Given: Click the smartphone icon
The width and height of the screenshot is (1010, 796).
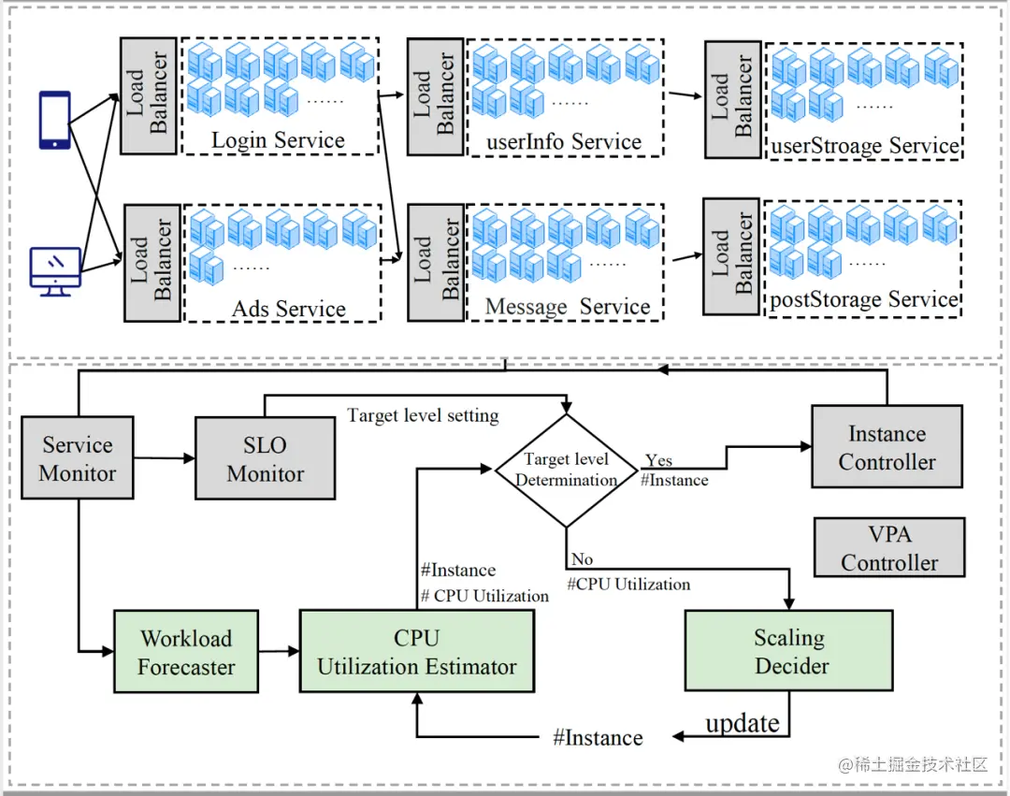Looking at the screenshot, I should (x=54, y=119).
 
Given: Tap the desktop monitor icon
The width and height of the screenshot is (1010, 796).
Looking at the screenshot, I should (x=55, y=272).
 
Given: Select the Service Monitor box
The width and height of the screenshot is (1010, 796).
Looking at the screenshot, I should (x=78, y=459).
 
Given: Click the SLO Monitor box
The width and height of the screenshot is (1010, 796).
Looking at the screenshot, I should (x=265, y=459).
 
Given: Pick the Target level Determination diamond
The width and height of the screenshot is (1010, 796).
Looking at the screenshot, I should (x=567, y=470).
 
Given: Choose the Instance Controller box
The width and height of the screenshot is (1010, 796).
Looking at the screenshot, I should (x=887, y=447).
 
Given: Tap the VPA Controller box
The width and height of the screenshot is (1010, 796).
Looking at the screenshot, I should (x=888, y=548).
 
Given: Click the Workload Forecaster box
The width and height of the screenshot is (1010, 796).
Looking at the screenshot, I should (x=186, y=652).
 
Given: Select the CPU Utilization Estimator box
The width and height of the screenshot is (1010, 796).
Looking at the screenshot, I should (x=417, y=652).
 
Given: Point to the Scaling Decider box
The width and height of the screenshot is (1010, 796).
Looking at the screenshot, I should (x=789, y=652).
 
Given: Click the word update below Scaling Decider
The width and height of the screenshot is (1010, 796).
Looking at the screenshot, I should (x=743, y=723).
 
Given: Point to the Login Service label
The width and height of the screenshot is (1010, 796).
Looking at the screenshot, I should (x=278, y=140).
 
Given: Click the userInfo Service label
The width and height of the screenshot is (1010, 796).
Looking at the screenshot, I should (x=564, y=142).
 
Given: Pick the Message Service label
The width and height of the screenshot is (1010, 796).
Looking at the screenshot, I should (x=567, y=307).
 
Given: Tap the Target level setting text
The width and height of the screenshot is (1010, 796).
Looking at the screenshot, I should (x=423, y=415).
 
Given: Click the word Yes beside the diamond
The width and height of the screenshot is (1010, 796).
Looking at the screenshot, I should (x=658, y=460).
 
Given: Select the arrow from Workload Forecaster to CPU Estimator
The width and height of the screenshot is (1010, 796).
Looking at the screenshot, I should (x=279, y=650).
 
